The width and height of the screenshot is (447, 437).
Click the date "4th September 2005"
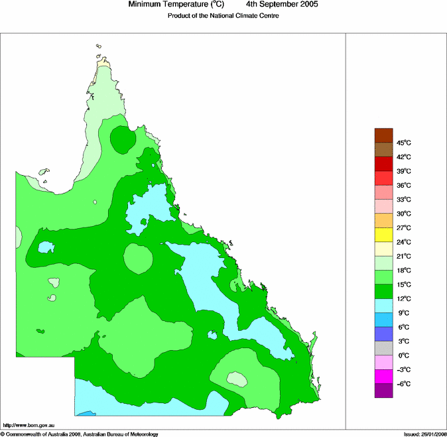282,5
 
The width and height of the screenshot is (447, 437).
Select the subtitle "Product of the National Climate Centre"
223,15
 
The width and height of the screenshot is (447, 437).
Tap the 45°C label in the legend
404,143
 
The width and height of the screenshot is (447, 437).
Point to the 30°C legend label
404,214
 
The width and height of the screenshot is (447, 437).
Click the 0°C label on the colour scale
403,355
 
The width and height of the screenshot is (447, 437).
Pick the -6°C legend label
403,384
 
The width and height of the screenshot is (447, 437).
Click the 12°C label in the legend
404,299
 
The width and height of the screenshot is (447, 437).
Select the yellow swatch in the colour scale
384,235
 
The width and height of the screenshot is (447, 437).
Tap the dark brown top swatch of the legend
384,135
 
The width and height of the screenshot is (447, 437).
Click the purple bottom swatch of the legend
384,391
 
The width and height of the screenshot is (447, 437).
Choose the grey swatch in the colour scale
384,348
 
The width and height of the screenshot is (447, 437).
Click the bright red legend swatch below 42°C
384,178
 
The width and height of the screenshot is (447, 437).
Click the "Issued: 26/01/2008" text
424,434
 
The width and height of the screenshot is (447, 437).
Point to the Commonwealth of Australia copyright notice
80,434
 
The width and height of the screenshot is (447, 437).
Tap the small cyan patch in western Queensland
46,247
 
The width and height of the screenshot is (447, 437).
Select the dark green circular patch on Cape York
121,139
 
